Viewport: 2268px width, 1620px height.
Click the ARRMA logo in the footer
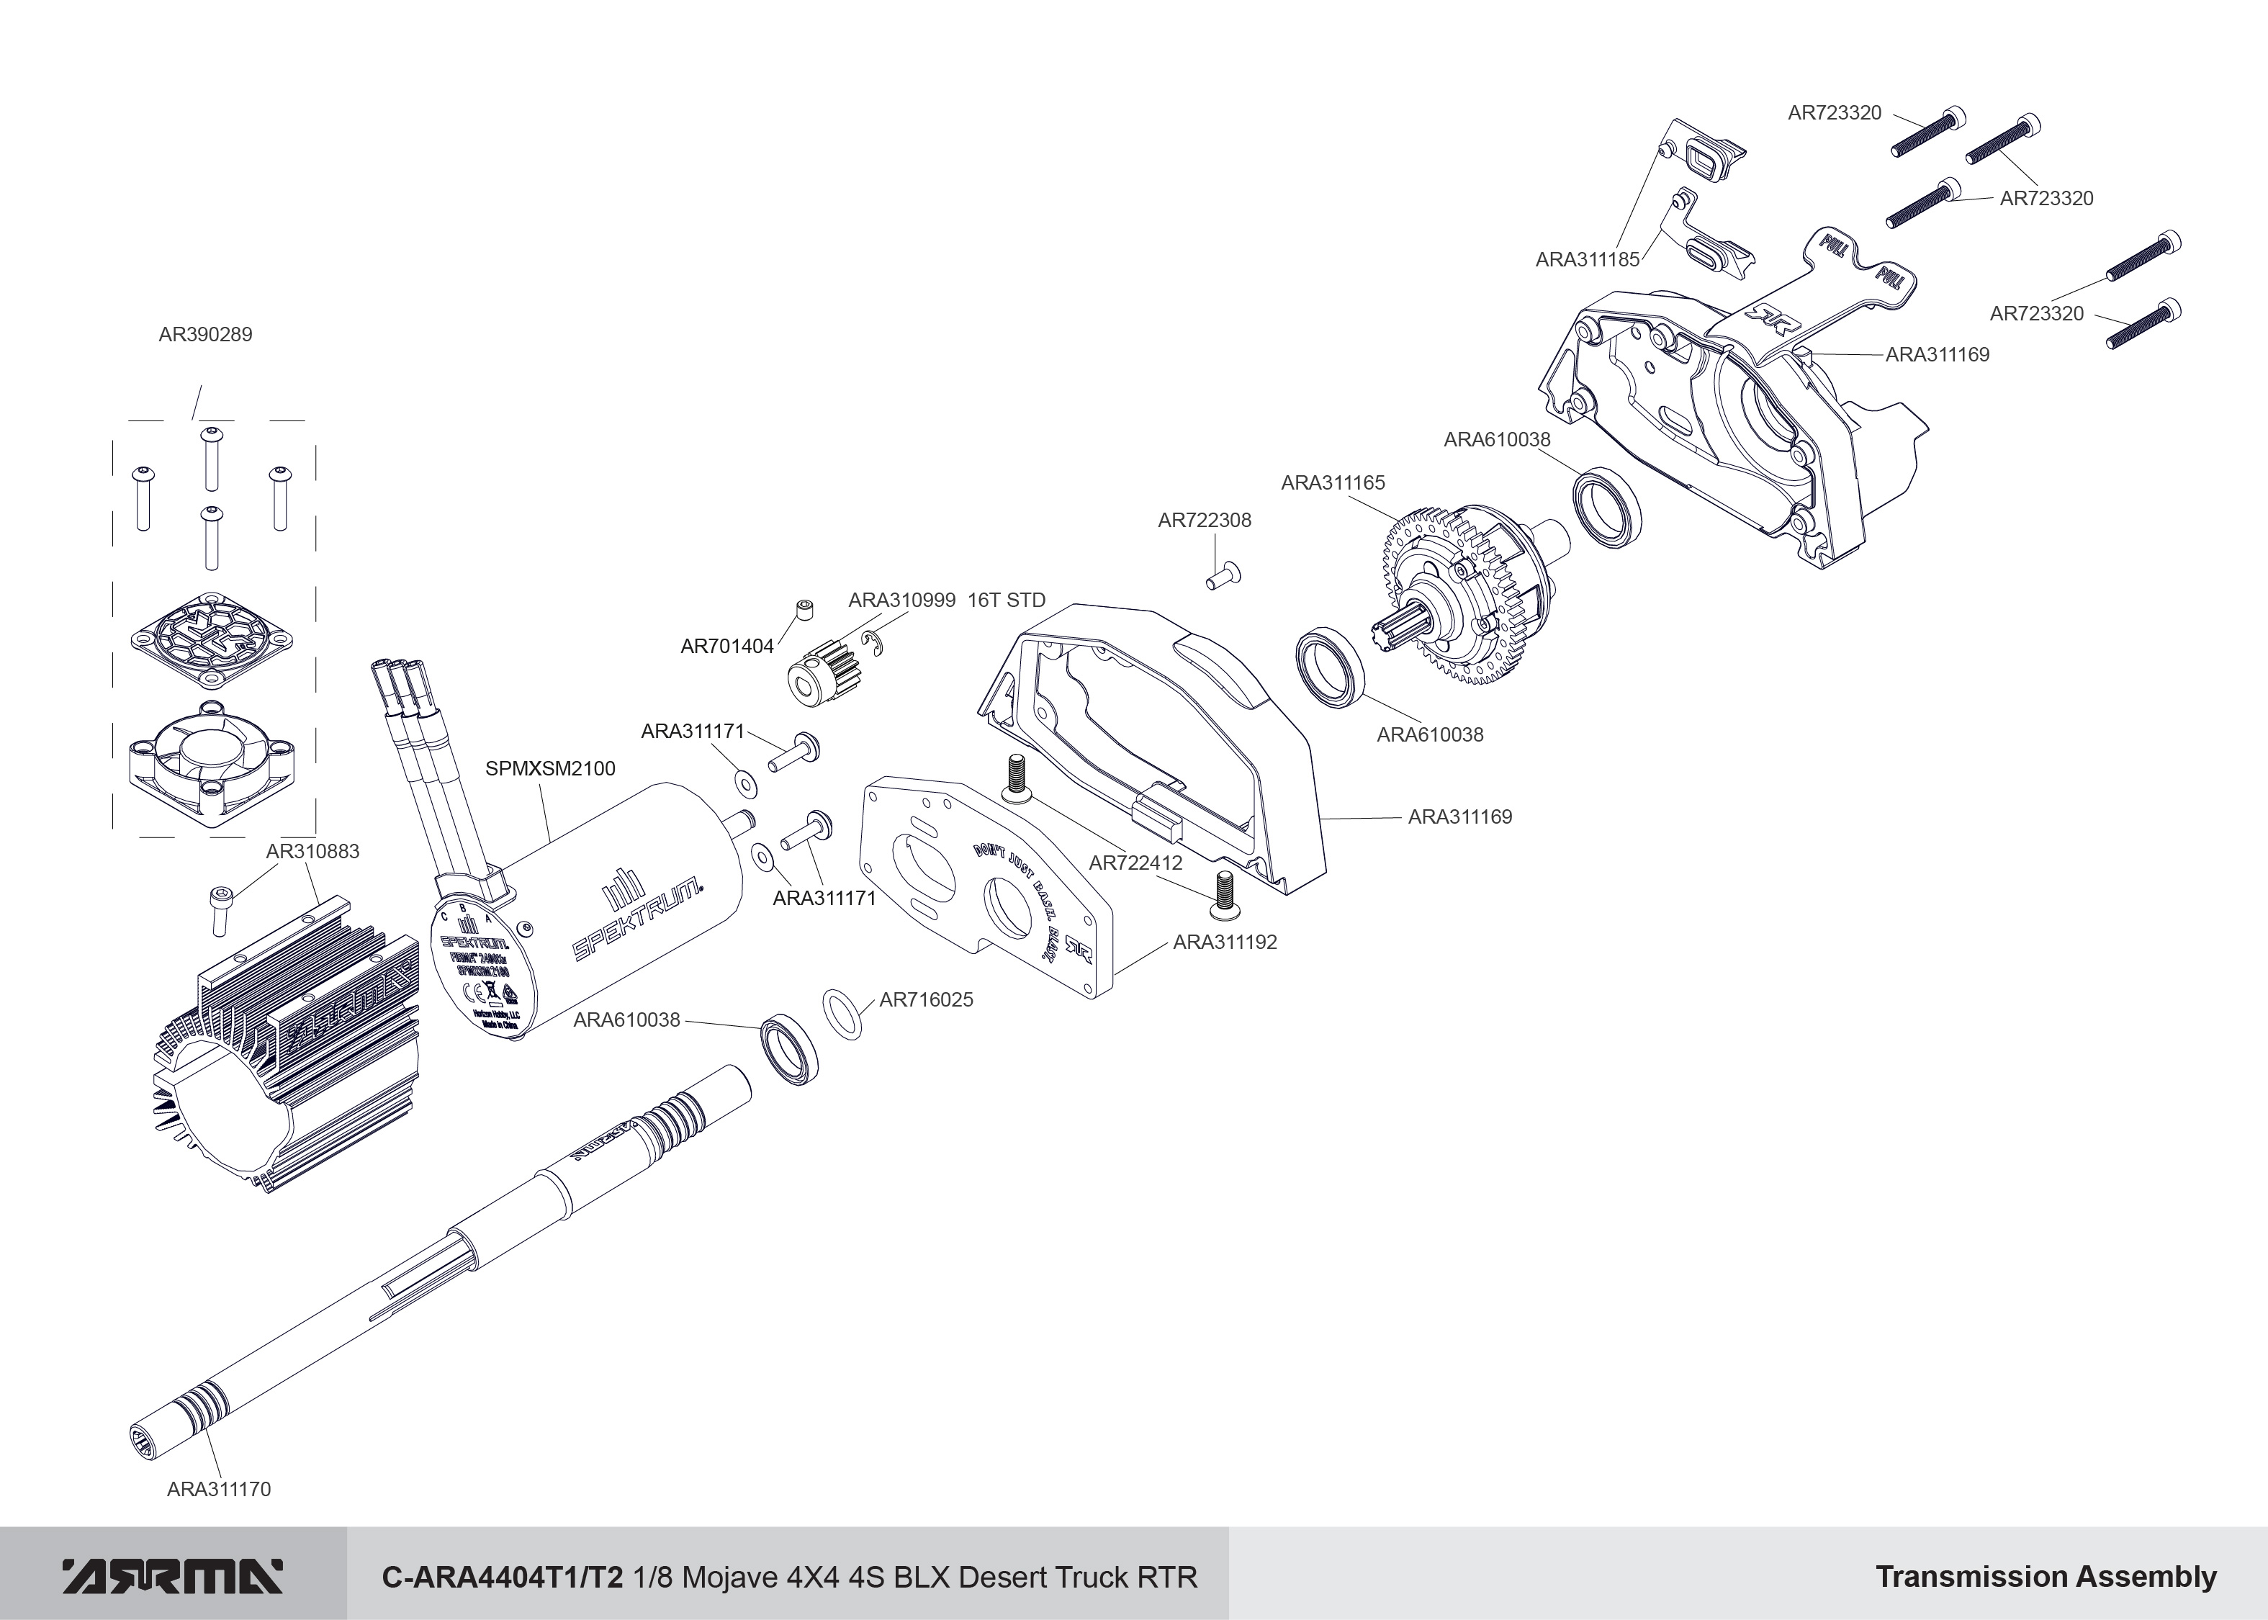tap(173, 1576)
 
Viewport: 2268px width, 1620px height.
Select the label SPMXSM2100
tap(549, 769)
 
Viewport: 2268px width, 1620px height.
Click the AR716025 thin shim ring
tap(843, 1014)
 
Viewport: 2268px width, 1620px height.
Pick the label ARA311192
tap(1225, 942)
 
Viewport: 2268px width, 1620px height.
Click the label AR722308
tap(1204, 521)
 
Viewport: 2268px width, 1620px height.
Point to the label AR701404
tap(727, 647)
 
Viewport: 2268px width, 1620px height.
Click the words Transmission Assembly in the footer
tap(2046, 1577)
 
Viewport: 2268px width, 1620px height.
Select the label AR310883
tap(312, 852)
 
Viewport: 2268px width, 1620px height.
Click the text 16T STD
tap(1007, 600)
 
